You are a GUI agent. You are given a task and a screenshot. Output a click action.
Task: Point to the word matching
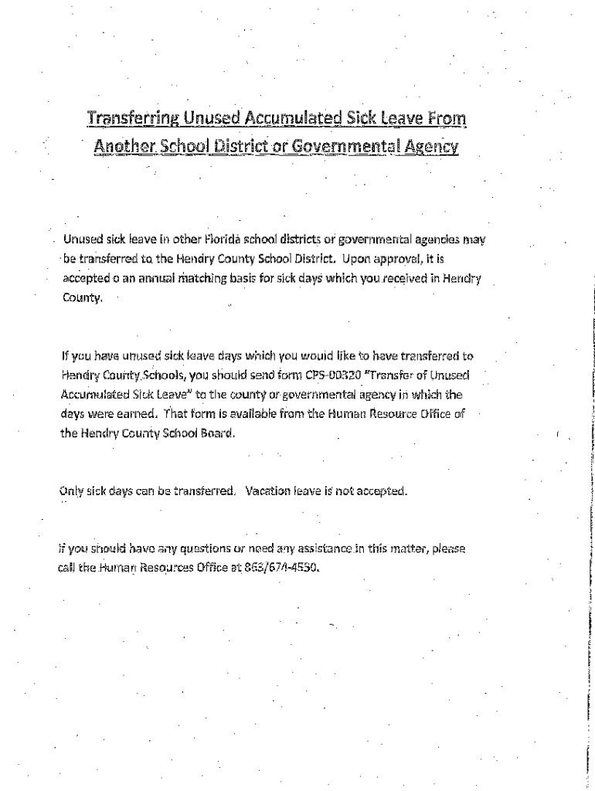point(204,278)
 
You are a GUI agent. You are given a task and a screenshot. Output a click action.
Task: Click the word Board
point(216,433)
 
